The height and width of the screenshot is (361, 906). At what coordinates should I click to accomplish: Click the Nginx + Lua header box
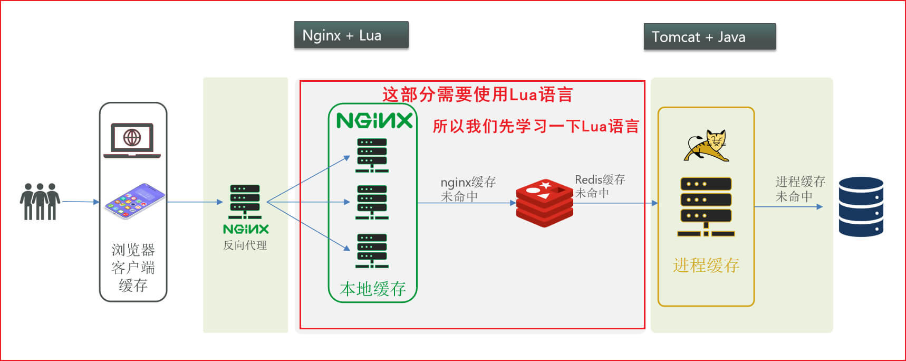pyautogui.click(x=351, y=35)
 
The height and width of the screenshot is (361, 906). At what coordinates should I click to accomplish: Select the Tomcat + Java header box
pyautogui.click(x=709, y=37)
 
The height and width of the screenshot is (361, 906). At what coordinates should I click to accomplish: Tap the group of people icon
pyautogui.click(x=40, y=201)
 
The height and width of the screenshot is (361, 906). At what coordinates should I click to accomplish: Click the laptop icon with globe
pyautogui.click(x=132, y=140)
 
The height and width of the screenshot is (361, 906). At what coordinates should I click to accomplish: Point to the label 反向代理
pyautogui.click(x=245, y=245)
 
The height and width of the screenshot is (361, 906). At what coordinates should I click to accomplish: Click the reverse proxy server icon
pyautogui.click(x=245, y=202)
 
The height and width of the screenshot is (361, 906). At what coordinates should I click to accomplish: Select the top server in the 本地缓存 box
pyautogui.click(x=372, y=155)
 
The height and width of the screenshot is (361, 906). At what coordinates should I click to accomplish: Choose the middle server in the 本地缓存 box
pyautogui.click(x=372, y=202)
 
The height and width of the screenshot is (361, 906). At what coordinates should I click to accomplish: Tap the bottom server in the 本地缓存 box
pyautogui.click(x=372, y=251)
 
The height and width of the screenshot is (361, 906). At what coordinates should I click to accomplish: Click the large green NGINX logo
pyautogui.click(x=374, y=121)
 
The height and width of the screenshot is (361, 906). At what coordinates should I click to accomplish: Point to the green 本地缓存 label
pyautogui.click(x=373, y=289)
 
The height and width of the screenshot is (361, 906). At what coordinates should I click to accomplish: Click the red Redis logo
pyautogui.click(x=544, y=203)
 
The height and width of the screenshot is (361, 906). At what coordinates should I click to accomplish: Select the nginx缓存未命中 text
pyautogui.click(x=468, y=189)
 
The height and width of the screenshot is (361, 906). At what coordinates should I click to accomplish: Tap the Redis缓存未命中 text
pyautogui.click(x=600, y=186)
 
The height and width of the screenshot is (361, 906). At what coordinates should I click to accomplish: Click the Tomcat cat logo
pyautogui.click(x=707, y=145)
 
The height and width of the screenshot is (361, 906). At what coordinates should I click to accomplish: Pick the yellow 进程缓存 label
pyautogui.click(x=706, y=265)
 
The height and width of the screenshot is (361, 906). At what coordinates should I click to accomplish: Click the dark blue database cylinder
pyautogui.click(x=861, y=206)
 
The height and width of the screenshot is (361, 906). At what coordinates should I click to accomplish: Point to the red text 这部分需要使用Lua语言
pyautogui.click(x=477, y=95)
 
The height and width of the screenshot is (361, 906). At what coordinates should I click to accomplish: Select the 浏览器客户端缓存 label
pyautogui.click(x=133, y=268)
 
